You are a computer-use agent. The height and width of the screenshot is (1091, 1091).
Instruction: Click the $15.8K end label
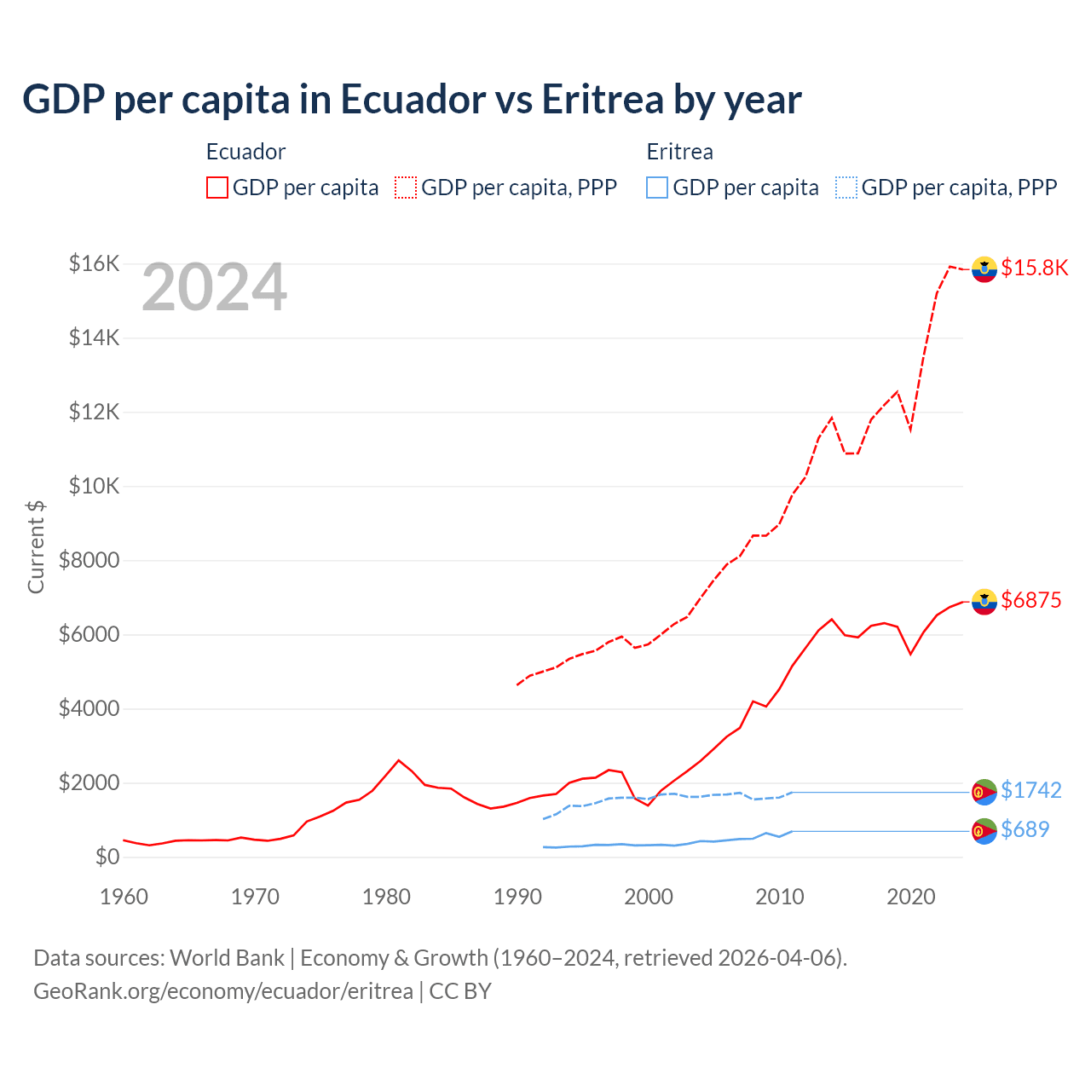1034,268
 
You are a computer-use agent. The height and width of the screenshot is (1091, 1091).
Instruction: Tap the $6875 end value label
1030,600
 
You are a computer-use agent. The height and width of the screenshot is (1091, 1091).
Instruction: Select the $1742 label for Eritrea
1030,790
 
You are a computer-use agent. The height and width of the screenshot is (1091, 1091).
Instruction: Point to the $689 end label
1025,829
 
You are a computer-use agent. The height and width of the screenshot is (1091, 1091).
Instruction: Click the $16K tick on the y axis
94,263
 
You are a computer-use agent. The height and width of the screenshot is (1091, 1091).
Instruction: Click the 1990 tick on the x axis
517,897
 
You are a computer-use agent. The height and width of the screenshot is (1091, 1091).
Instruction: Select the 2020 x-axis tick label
910,897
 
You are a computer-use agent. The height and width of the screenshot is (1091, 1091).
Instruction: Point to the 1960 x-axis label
124,897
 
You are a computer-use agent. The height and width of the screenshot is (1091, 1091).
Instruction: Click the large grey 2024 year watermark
214,288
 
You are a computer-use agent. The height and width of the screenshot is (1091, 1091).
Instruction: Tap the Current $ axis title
36,547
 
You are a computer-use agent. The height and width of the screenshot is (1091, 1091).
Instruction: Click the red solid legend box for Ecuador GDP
217,188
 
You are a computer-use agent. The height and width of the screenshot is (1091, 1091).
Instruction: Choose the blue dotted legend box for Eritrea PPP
846,188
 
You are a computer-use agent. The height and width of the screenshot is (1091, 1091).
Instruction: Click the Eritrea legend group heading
679,152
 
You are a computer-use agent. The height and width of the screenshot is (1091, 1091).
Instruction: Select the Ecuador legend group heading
245,152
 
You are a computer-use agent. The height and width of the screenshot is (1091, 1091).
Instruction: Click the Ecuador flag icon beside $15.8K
984,268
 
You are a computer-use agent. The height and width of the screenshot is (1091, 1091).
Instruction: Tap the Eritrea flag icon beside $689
984,830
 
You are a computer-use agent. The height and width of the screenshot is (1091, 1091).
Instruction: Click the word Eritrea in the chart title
602,99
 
